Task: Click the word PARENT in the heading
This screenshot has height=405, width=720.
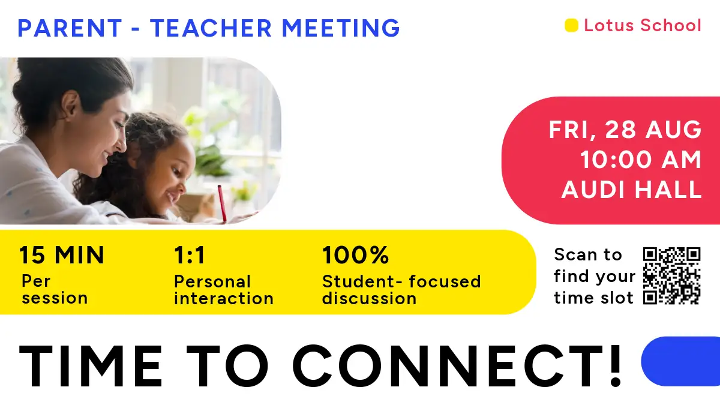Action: pyautogui.click(x=70, y=28)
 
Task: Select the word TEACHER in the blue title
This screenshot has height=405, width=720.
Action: pyautogui.click(x=211, y=28)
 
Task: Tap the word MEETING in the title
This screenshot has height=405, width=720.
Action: pyautogui.click(x=341, y=28)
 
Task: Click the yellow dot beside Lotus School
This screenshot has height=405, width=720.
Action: pyautogui.click(x=571, y=25)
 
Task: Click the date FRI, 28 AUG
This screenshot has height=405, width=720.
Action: pyautogui.click(x=625, y=130)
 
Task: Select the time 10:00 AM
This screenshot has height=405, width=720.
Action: pyautogui.click(x=641, y=160)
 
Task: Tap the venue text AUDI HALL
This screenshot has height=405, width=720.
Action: pyautogui.click(x=631, y=190)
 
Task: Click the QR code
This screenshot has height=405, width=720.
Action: pyautogui.click(x=672, y=275)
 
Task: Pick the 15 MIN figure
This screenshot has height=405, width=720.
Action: pyautogui.click(x=62, y=256)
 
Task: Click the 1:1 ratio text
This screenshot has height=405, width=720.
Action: pyautogui.click(x=189, y=256)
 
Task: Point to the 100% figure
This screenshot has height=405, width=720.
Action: pyautogui.click(x=355, y=256)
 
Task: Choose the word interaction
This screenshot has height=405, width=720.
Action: pyautogui.click(x=224, y=299)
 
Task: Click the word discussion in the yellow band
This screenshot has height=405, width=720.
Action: pyautogui.click(x=370, y=299)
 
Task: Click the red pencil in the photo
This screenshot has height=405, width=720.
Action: pyautogui.click(x=222, y=204)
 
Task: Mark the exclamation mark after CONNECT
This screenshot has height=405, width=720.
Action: pyautogui.click(x=615, y=365)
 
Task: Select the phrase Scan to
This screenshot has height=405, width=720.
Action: pyautogui.click(x=588, y=255)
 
